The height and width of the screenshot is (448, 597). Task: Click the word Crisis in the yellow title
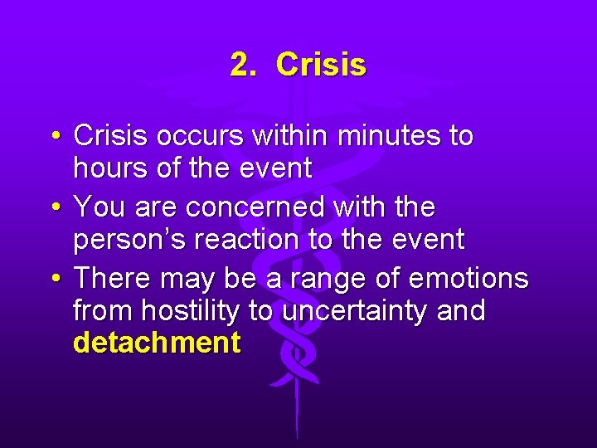(321, 64)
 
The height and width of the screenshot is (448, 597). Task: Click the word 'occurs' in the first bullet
(194, 135)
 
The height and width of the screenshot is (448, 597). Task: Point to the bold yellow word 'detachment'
(157, 343)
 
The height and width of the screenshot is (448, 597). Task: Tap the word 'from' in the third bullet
(103, 311)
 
